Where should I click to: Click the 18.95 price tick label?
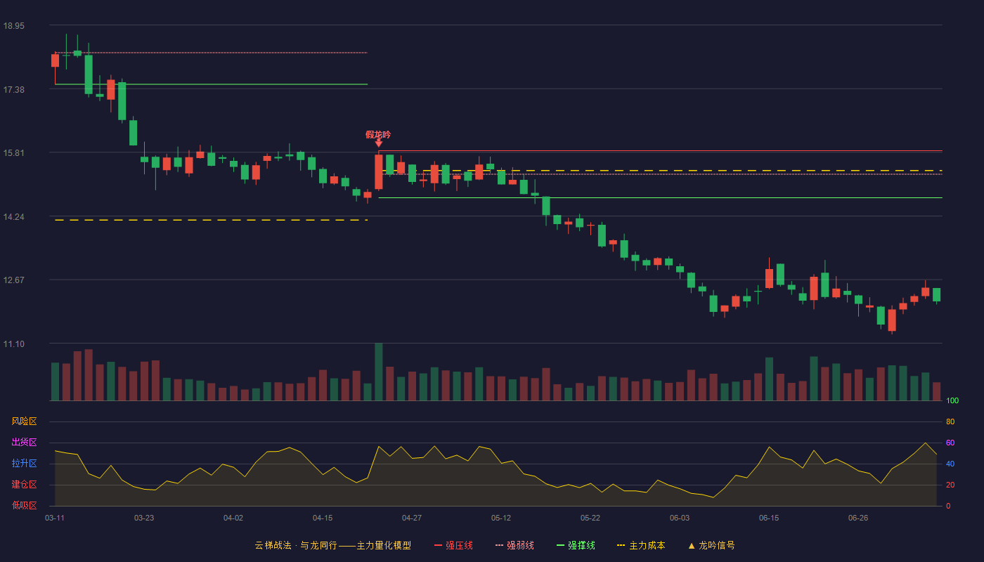[x=14, y=26]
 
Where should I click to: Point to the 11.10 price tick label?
[x=14, y=344]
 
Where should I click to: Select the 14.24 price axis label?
[x=14, y=217]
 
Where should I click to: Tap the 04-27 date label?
[x=412, y=518]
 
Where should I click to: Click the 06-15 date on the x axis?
[x=769, y=518]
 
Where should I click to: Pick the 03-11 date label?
[x=55, y=518]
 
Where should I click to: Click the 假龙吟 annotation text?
[x=378, y=134]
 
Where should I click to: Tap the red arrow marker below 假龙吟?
[x=379, y=143]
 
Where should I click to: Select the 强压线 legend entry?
[x=453, y=545]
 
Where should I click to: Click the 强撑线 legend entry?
[x=576, y=545]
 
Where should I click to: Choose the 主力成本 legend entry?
[x=641, y=545]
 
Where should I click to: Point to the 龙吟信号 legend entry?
[x=711, y=545]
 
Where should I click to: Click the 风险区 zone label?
[x=24, y=421]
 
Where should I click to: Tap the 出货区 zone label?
[x=24, y=442]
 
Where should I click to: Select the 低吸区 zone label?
[x=24, y=505]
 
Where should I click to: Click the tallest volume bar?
[x=379, y=372]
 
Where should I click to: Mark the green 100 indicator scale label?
[x=952, y=400]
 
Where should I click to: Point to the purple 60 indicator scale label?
[x=950, y=443]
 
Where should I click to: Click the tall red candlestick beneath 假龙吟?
[x=379, y=171]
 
